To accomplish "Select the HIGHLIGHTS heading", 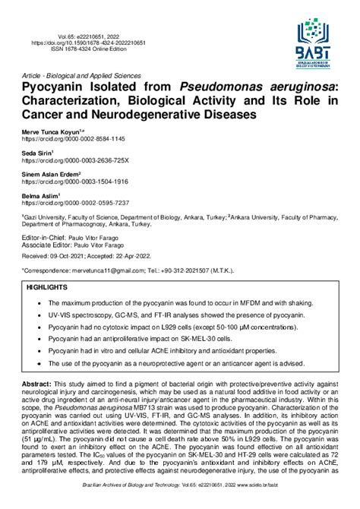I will point(47,288).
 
